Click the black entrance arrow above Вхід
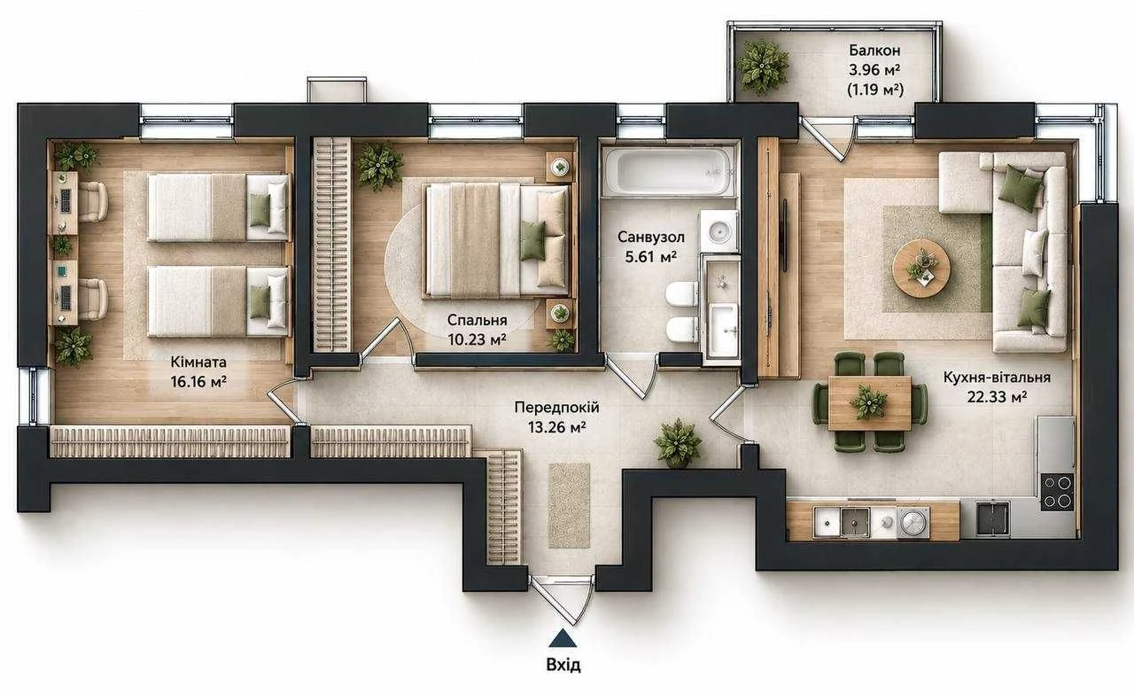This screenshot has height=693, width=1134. click(563, 639)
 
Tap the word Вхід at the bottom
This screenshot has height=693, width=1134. click(563, 664)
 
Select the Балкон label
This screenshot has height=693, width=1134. click(874, 51)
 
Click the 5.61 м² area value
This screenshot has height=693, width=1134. click(651, 256)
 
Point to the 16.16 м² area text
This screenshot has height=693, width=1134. click(198, 381)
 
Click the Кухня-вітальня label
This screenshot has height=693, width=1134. click(997, 378)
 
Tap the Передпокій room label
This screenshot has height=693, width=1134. click(557, 408)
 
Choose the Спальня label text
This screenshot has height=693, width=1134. click(478, 320)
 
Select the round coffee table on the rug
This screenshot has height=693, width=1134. click(921, 267)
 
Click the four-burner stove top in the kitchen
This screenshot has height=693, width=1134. click(1057, 492)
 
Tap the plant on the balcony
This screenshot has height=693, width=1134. click(762, 66)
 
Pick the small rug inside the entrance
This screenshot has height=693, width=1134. click(570, 505)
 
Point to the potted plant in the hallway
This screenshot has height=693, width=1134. click(678, 442)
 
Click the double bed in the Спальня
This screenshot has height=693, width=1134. click(498, 239)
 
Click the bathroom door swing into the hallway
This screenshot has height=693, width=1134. click(632, 376)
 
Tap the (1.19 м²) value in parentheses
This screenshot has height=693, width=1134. click(875, 90)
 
